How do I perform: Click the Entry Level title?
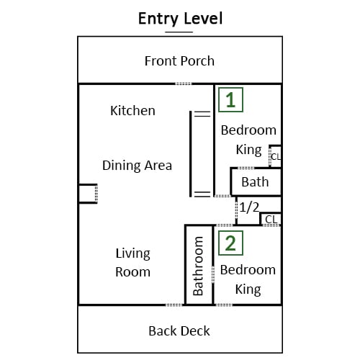181,19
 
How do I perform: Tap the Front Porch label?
179,60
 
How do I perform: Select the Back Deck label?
179,331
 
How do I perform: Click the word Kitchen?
132,111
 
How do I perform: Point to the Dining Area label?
137,166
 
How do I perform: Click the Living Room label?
133,263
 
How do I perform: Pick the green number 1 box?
230,100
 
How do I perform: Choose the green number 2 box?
230,243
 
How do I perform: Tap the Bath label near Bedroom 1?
255,182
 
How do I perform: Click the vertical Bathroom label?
198,266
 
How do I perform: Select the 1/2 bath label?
249,207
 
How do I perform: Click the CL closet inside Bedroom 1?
275,156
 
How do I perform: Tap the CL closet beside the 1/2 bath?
271,219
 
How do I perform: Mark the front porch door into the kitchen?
184,84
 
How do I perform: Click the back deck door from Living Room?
174,305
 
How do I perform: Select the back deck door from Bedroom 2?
223,305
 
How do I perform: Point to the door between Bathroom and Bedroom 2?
213,274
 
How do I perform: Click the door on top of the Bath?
246,168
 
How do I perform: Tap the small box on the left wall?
88,194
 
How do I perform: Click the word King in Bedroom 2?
248,289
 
